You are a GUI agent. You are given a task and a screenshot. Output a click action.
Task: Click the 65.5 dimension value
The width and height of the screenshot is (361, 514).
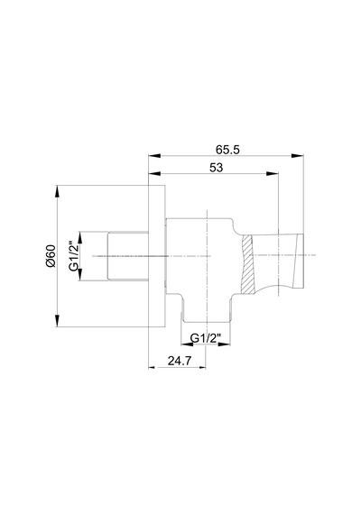point(227,150)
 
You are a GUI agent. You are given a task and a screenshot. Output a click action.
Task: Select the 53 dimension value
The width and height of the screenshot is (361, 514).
point(217,168)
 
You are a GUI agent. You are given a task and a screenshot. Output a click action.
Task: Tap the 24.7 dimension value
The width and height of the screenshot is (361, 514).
point(180,361)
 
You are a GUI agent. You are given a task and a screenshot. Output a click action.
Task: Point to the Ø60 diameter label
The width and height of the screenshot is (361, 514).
point(51,256)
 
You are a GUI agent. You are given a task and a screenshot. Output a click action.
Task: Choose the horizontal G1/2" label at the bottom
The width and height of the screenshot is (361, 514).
point(206,338)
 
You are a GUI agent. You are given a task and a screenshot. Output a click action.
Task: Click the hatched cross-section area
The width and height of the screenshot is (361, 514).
point(247,264)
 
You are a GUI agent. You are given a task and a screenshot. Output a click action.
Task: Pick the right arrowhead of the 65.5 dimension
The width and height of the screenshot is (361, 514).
point(297,156)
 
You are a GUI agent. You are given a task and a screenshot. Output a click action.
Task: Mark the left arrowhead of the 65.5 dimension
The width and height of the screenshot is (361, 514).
point(154,156)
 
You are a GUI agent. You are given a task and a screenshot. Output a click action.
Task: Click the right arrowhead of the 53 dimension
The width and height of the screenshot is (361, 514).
point(273,173)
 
